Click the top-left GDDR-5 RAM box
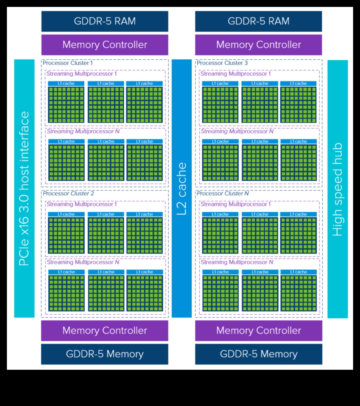(x=105, y=21)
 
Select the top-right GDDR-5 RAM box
(x=258, y=21)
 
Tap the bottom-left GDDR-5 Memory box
(x=105, y=354)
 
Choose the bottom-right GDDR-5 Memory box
(x=258, y=354)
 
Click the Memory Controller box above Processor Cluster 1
(x=105, y=45)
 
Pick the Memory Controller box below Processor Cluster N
(x=258, y=330)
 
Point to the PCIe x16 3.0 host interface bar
(x=24, y=188)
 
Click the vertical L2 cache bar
(x=182, y=188)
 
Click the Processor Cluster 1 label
(x=68, y=63)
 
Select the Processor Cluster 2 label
(x=68, y=194)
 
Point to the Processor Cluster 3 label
(x=222, y=63)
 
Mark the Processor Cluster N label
(x=223, y=194)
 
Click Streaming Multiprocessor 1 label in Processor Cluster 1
(x=82, y=74)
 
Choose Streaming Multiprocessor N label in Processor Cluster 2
(x=83, y=262)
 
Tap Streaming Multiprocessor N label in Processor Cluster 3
(x=237, y=132)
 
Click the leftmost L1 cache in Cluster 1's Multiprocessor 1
(x=66, y=84)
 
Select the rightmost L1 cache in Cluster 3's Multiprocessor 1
(x=298, y=84)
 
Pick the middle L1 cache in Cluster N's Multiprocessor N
(x=259, y=272)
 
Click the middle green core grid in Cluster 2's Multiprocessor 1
(x=106, y=235)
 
